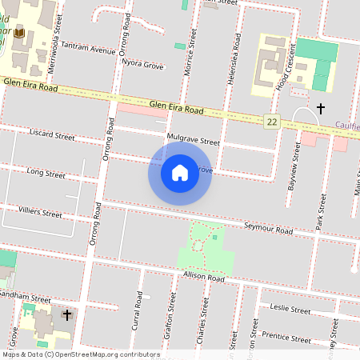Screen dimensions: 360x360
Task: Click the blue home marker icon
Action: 180,173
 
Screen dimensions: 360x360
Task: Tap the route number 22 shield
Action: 273,121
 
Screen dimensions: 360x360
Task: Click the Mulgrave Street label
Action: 193,138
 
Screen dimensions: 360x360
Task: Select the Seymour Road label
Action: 269,228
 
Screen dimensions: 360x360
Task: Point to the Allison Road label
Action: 204,278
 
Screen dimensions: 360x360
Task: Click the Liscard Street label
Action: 51,132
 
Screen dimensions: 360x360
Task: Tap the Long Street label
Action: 46,172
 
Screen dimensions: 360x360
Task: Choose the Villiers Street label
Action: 41,214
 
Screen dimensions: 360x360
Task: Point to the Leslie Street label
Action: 290,308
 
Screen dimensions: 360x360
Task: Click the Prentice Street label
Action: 286,336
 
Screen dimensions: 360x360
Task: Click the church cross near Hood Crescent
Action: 321,107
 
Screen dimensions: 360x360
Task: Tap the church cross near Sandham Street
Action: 67,314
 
